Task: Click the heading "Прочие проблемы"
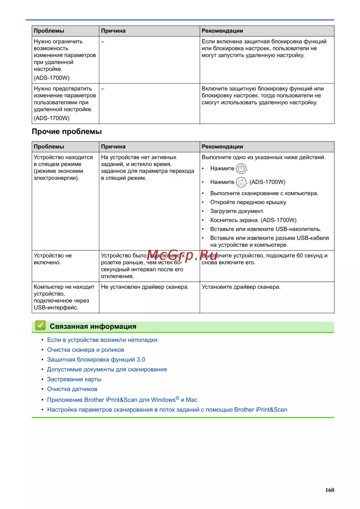tap(67, 132)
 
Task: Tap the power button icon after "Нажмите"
tap(241, 168)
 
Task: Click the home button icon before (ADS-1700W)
tap(241, 182)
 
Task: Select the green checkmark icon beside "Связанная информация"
tap(40, 325)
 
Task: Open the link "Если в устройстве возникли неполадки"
tap(102, 340)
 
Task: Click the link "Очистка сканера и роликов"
tap(85, 350)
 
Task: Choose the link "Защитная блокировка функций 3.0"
tap(96, 360)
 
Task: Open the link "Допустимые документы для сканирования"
tap(107, 369)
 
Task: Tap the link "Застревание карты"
tap(74, 379)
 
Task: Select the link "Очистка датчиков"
tap(72, 389)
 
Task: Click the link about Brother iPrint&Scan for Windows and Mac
tap(122, 400)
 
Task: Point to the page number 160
tap(329, 490)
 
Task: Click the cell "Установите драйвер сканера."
tap(241, 287)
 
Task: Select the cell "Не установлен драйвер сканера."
tap(145, 287)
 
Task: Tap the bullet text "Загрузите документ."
tap(237, 211)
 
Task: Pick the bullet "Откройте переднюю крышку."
tap(248, 202)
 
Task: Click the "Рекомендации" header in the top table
tap(222, 31)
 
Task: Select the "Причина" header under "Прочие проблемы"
tap(113, 147)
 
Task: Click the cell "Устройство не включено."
tap(53, 259)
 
